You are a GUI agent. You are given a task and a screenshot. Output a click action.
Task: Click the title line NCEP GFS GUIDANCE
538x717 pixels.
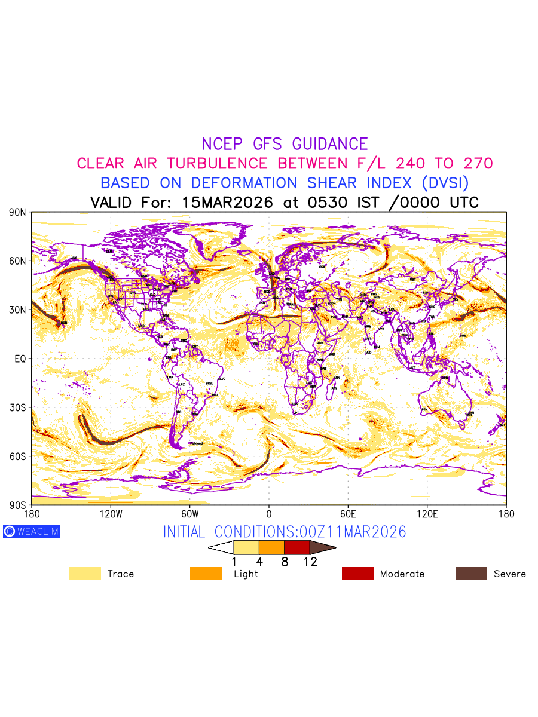click(285, 144)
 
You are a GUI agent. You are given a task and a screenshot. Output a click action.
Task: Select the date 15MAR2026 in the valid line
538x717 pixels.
click(227, 203)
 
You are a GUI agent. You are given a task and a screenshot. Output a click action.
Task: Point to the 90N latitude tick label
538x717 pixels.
click(18, 212)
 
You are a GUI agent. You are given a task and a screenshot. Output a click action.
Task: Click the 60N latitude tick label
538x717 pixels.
click(18, 261)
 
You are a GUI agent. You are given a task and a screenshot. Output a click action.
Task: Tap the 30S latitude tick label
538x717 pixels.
click(18, 407)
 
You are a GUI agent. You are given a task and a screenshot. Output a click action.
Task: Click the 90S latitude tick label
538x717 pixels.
click(18, 505)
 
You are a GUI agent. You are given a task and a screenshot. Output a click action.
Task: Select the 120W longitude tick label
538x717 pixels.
click(110, 514)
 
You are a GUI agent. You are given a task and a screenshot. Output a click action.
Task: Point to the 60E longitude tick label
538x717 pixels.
click(348, 514)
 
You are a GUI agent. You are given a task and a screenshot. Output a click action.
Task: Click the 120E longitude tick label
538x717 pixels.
click(427, 514)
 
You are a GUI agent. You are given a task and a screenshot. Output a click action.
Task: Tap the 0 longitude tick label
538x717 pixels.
click(269, 514)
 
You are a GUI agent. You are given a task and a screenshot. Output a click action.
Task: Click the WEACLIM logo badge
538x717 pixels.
click(32, 531)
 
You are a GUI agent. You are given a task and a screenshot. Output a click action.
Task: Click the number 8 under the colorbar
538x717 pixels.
click(285, 562)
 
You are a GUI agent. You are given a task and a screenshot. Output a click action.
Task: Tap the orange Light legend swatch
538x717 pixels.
click(206, 574)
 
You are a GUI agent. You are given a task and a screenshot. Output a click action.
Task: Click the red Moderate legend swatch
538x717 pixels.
click(357, 574)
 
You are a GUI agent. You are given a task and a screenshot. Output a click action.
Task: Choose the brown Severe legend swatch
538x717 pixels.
click(471, 574)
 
